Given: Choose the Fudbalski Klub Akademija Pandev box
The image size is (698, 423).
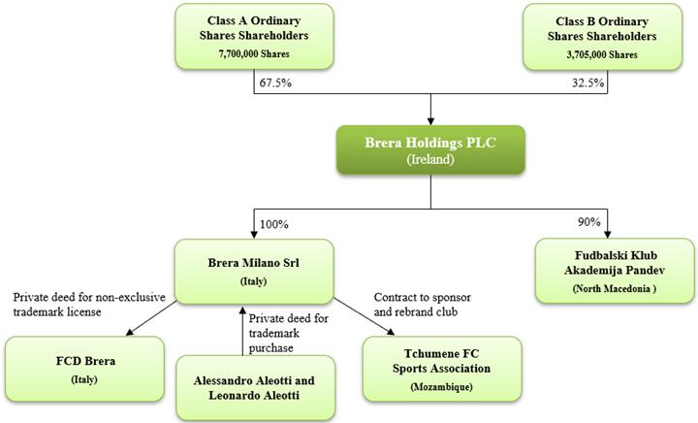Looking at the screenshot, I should [604, 270].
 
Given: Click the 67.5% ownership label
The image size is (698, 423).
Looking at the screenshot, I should [275, 83].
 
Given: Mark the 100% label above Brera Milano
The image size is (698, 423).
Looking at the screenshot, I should [275, 223].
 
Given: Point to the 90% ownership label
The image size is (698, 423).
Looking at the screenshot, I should [588, 222].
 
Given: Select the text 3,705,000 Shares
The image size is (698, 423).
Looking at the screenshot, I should [604, 55].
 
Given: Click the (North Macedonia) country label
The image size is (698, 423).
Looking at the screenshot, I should [604, 289].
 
